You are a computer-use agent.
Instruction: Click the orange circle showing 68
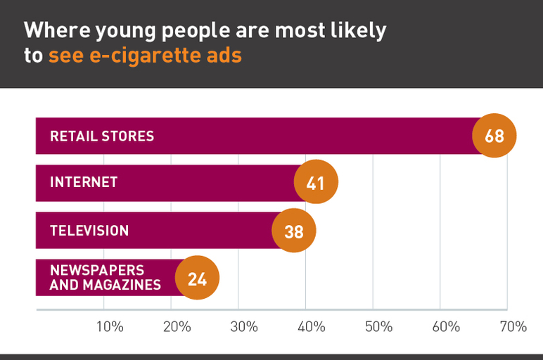494,136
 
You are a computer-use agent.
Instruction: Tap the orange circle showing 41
316,183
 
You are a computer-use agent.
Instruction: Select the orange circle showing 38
293,230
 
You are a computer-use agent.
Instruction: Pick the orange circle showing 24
197,278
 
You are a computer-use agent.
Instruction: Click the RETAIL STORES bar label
102,136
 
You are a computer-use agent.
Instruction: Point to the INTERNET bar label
84,183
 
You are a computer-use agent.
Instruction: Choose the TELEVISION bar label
89,230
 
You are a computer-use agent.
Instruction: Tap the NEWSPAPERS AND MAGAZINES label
106,278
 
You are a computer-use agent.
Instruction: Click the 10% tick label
110,327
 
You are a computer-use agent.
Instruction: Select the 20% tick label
177,327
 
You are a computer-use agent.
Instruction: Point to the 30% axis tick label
244,327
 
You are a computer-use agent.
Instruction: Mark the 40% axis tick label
311,327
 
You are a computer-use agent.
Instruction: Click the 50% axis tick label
378,327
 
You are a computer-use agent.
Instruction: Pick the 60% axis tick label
446,327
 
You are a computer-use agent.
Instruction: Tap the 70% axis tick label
513,327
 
